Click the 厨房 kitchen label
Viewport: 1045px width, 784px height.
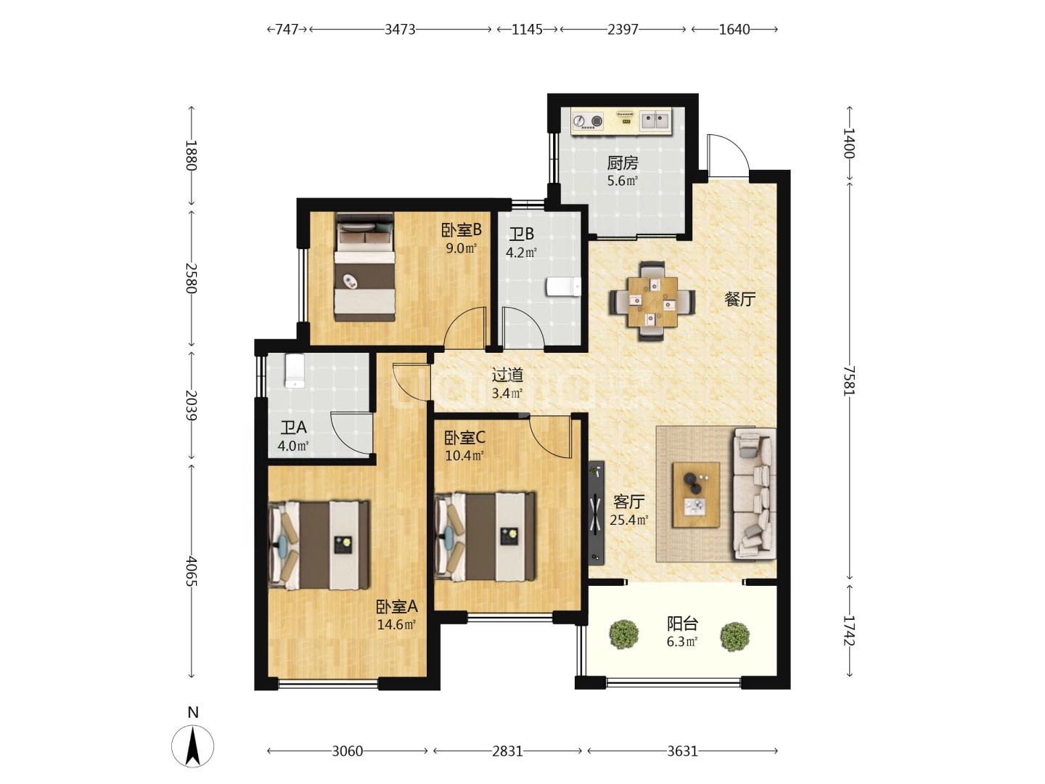tap(622, 163)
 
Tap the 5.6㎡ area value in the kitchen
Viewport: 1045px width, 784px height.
tap(622, 181)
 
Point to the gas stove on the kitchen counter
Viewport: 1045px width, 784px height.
tap(588, 121)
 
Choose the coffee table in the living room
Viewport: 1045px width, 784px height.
tap(695, 494)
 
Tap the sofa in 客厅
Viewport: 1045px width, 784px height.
tap(754, 493)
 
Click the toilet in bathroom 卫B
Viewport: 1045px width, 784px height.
tap(564, 287)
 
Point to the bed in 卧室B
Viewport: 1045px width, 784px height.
tap(365, 268)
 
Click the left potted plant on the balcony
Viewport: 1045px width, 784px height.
tap(623, 634)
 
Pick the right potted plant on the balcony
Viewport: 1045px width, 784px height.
tap(734, 637)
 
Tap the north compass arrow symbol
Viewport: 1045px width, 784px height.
tap(192, 746)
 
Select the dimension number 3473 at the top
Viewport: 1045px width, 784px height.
tap(400, 30)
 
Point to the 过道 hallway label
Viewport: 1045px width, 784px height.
tap(507, 375)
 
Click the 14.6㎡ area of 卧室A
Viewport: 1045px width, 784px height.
tap(396, 624)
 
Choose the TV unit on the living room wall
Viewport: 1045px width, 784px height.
tap(596, 513)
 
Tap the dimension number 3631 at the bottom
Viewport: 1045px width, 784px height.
tap(682, 751)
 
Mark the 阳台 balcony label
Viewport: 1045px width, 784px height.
tap(681, 624)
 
